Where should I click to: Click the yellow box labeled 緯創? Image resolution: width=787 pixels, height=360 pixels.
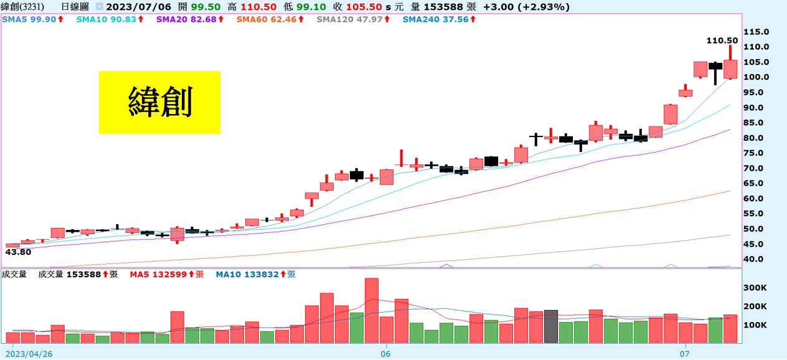point(159,102)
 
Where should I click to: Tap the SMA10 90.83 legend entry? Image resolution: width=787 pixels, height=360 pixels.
point(110,20)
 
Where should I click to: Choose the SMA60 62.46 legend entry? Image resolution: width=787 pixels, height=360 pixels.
point(270,20)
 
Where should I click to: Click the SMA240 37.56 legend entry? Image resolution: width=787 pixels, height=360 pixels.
point(439,20)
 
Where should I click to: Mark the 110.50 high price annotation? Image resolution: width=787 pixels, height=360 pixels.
point(722,40)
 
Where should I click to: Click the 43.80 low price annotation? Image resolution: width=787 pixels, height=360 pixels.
point(18,252)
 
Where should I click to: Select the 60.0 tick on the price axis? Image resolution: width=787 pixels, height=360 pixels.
point(755,199)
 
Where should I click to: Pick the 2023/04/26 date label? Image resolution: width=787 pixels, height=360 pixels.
point(30,353)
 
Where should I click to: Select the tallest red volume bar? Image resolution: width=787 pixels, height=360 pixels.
point(372,310)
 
